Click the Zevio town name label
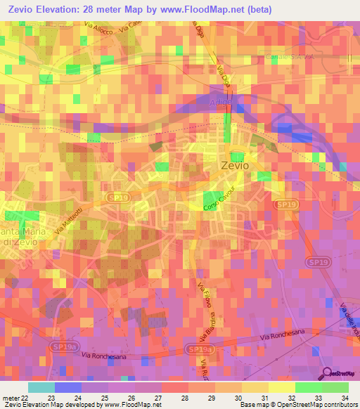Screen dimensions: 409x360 [x=234, y=167]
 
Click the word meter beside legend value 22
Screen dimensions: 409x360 [x=11, y=398]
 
